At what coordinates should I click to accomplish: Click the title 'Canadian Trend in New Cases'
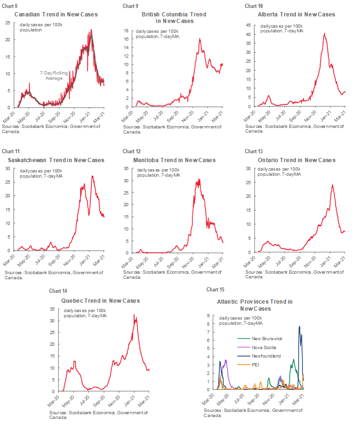point(56,15)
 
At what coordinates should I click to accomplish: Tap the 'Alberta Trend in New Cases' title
point(297,15)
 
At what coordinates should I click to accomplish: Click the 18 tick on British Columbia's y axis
point(126,31)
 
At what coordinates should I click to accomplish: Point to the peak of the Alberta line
point(324,33)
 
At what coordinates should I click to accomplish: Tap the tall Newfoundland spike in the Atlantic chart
point(299,326)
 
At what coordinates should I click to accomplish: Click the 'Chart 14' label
point(55,291)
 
